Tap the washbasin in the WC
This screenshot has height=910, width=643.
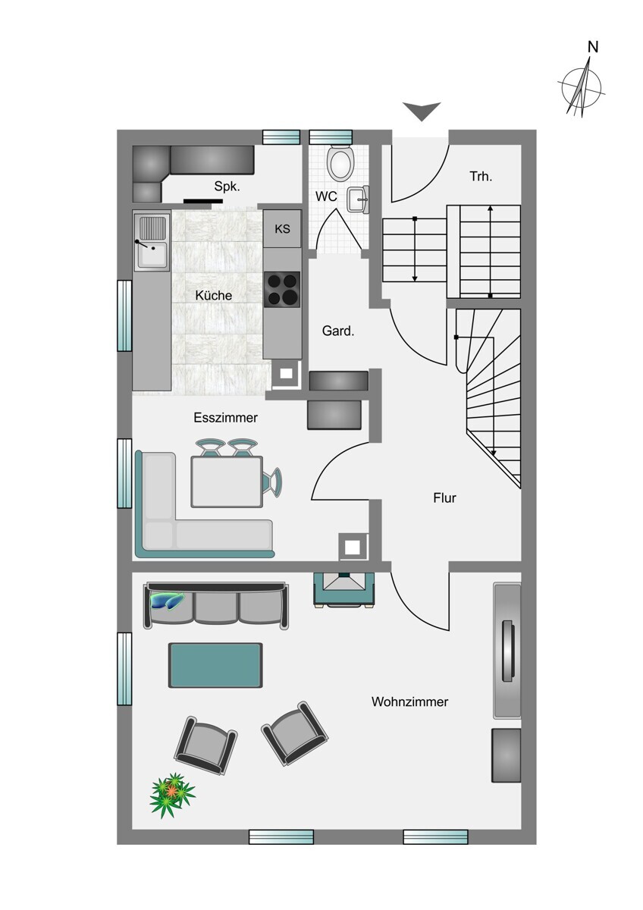click(x=358, y=199)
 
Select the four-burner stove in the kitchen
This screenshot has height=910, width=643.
click(x=282, y=289)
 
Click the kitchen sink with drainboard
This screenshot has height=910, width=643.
click(x=152, y=242)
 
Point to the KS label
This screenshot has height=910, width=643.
click(x=282, y=229)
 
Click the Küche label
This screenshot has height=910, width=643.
click(x=214, y=295)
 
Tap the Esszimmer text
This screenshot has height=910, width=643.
click(x=225, y=418)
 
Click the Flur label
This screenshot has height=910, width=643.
click(x=445, y=497)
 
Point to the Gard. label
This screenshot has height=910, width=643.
click(x=338, y=331)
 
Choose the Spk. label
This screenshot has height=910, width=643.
click(x=227, y=187)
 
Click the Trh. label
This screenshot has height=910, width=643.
click(x=481, y=176)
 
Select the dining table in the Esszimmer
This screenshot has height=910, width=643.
click(x=227, y=482)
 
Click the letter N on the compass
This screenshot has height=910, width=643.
click(x=593, y=48)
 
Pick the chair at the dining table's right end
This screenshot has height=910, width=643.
click(x=272, y=482)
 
